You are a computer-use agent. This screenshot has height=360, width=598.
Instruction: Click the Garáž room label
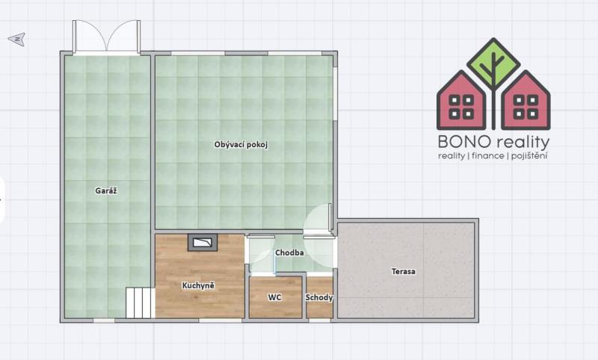click(106, 191)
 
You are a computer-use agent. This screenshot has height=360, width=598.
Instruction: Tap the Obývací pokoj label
click(241, 145)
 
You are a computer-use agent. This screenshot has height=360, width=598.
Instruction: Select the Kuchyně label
click(198, 285)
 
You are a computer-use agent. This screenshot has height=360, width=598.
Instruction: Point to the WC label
click(274, 297)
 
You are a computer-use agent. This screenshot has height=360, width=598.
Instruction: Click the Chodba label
click(289, 252)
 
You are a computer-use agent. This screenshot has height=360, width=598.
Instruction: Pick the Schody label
click(319, 297)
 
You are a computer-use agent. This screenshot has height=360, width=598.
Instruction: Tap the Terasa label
click(404, 272)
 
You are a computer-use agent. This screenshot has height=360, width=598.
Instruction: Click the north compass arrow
click(17, 39)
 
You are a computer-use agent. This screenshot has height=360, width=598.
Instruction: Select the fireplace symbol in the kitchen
click(203, 242)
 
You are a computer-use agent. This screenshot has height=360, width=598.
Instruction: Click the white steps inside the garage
click(141, 302)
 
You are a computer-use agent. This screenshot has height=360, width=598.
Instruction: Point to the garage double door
click(107, 36)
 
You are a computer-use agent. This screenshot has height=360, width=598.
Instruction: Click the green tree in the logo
click(494, 63)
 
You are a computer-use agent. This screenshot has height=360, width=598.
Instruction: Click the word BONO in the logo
click(464, 142)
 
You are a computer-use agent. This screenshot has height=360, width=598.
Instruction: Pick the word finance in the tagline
click(488, 156)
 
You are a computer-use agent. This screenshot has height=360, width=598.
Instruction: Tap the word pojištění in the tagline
click(529, 156)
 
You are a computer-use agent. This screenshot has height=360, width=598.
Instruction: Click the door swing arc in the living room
click(316, 217)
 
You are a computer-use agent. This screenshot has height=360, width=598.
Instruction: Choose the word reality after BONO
click(522, 143)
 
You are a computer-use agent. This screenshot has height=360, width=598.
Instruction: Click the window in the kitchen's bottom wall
click(221, 320)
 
